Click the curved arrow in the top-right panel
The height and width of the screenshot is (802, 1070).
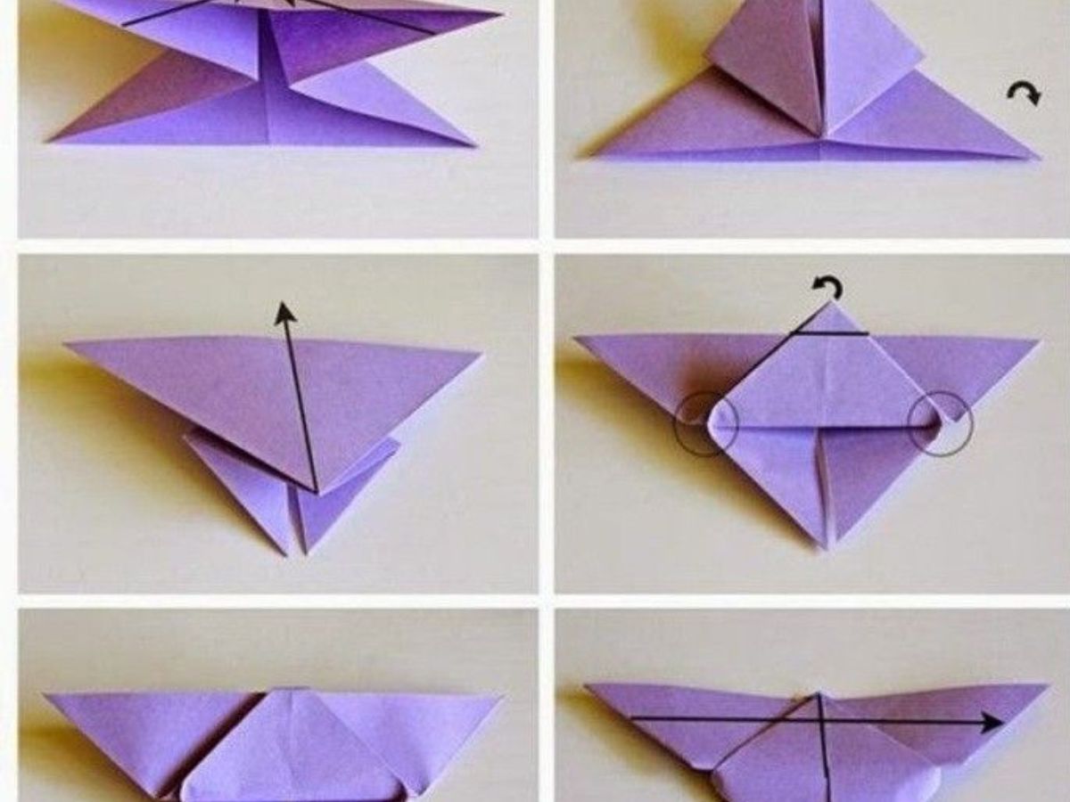(1024, 93)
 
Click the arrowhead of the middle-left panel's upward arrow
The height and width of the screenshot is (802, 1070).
(284, 312)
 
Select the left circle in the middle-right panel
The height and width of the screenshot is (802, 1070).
(705, 425)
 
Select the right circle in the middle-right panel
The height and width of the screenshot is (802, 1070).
(940, 425)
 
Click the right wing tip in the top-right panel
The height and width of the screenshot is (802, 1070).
(1036, 159)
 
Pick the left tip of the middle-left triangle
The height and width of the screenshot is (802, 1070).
(66, 344)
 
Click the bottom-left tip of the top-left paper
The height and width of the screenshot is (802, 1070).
(53, 140)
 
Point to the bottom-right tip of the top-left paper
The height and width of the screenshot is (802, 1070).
(473, 144)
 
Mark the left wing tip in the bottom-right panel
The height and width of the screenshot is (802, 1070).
(588, 686)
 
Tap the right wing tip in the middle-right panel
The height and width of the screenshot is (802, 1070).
(1038, 340)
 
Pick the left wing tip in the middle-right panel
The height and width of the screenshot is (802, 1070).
(577, 338)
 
